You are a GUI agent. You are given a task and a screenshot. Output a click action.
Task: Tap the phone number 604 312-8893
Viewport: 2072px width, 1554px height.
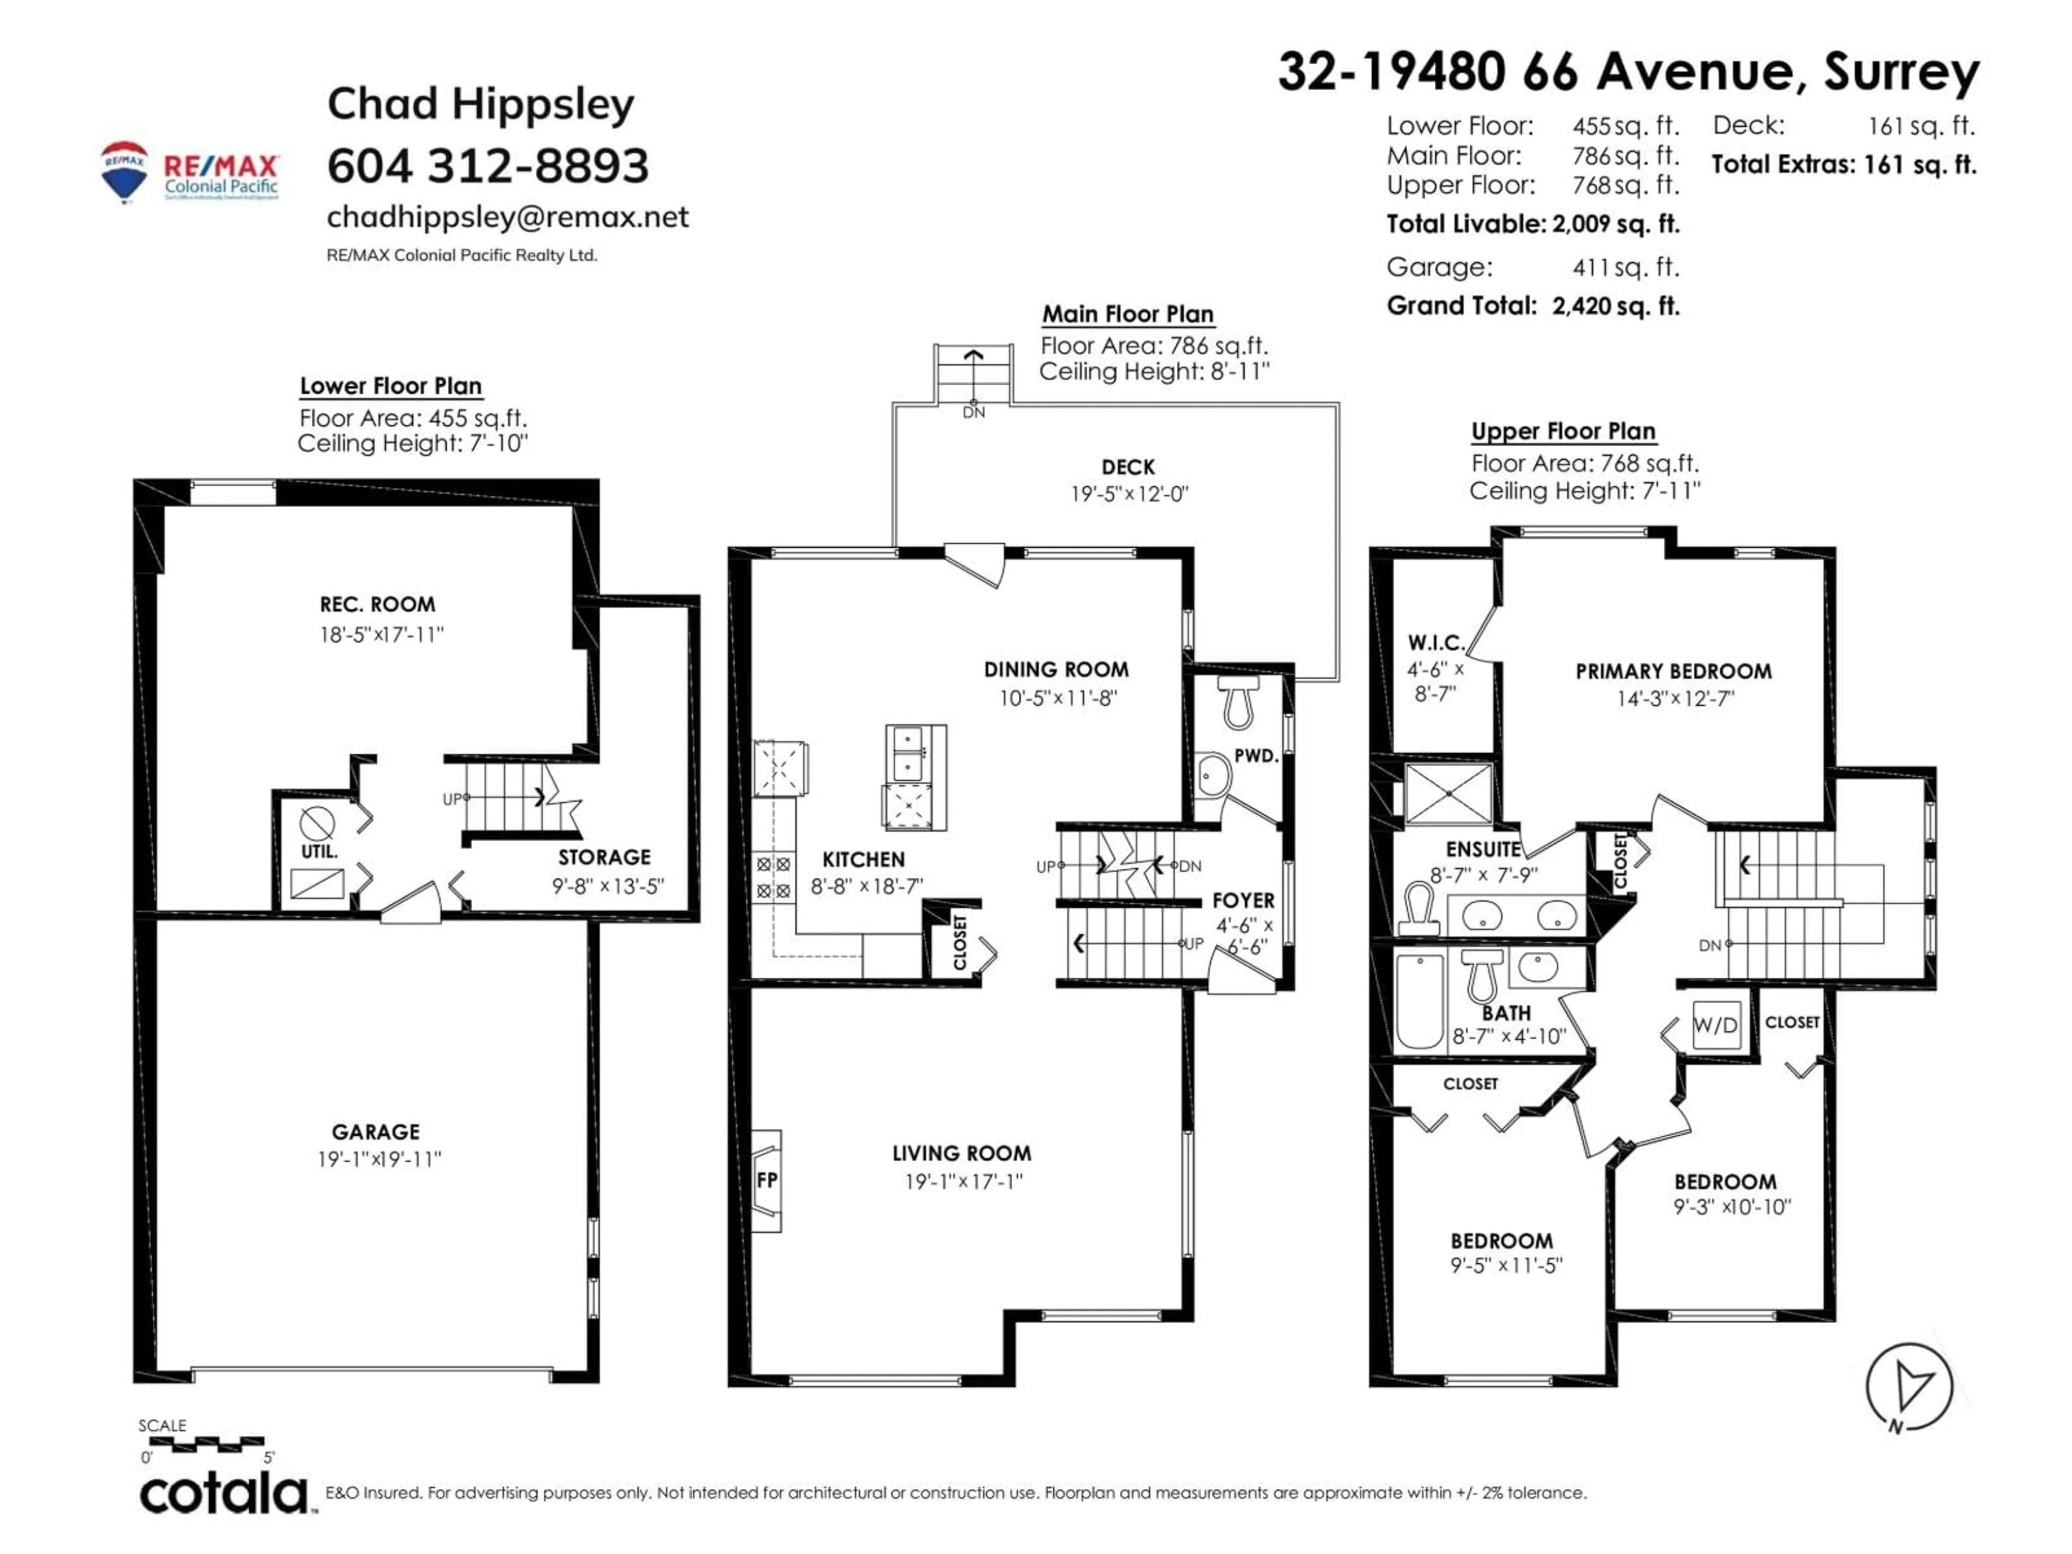487,166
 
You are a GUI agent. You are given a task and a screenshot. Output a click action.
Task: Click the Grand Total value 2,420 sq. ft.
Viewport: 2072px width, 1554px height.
1615,306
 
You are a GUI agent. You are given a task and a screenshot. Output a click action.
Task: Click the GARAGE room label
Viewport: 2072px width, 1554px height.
376,1132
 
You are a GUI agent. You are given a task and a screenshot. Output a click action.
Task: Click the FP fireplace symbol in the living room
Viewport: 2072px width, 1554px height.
766,1180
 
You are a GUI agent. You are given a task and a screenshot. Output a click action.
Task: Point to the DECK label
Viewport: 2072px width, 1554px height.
1128,467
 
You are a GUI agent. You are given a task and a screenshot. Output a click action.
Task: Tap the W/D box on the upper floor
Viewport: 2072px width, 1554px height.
1715,1025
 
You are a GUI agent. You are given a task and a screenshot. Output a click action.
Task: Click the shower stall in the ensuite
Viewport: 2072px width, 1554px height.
1448,793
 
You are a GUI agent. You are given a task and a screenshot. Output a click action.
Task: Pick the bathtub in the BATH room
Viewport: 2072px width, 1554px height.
1419,1000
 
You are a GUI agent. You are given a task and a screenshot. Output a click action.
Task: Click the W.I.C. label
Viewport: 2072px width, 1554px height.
1436,643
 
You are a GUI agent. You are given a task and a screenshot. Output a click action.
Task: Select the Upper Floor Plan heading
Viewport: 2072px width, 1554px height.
1563,431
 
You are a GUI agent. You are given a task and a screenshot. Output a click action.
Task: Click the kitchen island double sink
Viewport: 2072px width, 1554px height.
906,753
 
